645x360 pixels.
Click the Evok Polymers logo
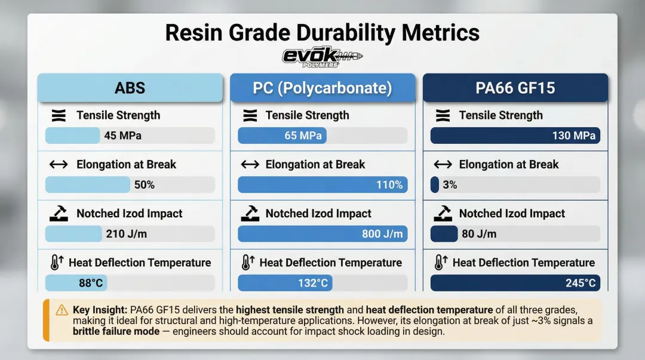coord(322,57)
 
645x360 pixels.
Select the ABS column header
coord(130,88)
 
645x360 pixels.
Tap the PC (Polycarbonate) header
coord(322,88)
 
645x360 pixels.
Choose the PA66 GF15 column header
coord(515,88)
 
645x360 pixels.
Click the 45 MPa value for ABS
coord(122,136)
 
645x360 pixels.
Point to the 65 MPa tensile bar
coord(282,136)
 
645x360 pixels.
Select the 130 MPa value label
coord(573,136)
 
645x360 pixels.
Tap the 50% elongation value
coord(144,185)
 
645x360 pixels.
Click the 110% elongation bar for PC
coord(322,185)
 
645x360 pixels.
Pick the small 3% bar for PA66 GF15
coord(435,185)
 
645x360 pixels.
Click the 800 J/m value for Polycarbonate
coord(382,234)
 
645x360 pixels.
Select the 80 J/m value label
coord(479,234)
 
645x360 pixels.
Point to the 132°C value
coord(313,283)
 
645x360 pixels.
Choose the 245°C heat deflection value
coord(580,283)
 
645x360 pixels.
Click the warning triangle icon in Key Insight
coord(62,310)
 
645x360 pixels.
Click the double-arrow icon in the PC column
coord(250,164)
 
